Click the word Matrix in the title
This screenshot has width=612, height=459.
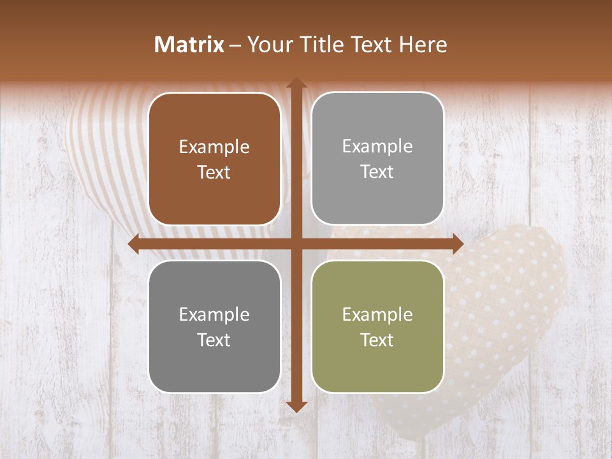coord(189,45)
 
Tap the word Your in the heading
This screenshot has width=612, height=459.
coord(267,45)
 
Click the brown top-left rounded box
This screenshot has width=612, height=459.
coord(214,159)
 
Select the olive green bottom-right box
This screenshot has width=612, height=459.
coord(377,326)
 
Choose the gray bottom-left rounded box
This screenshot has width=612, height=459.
coord(214,326)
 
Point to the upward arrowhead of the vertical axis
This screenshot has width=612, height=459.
coord(296,83)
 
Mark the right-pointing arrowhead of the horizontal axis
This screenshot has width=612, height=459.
coord(457,244)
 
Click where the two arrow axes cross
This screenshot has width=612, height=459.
coord(296,244)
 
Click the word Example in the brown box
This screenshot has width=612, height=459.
coord(214,147)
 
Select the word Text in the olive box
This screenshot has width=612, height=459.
coord(377,340)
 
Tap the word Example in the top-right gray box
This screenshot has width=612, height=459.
coord(377,147)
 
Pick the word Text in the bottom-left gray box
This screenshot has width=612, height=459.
coord(214,340)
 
